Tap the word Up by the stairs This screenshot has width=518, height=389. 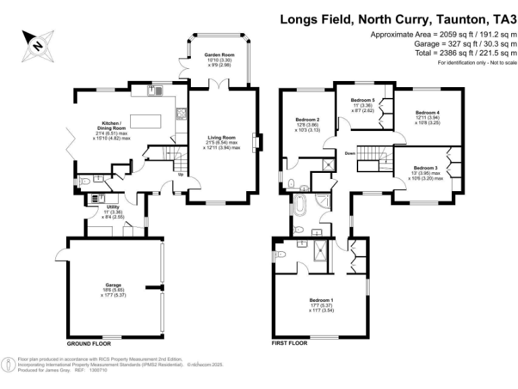pos(180,174)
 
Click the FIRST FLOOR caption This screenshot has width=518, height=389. pos(290,343)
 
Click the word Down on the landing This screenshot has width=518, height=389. pos(349,153)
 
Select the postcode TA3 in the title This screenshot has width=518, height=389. pos(500,20)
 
